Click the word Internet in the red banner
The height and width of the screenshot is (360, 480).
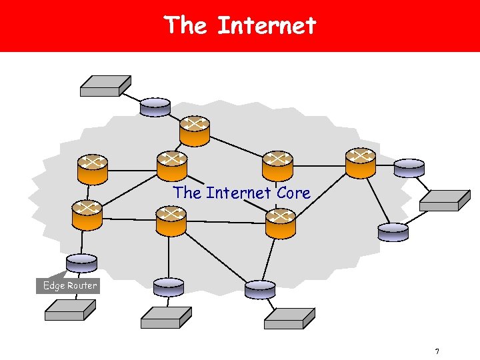(x=267, y=26)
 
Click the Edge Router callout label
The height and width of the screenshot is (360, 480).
(x=69, y=285)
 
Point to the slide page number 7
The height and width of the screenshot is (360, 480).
(x=437, y=351)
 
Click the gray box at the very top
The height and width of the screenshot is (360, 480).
(x=105, y=85)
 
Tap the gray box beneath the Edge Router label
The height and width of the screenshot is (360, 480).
(x=70, y=310)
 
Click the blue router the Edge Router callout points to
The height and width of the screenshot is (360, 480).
(x=82, y=264)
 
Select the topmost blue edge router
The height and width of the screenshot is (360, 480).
(x=155, y=107)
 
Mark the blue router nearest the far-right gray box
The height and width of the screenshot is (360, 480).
(x=409, y=167)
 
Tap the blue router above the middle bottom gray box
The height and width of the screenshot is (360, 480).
(x=168, y=287)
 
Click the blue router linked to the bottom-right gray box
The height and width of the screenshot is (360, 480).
(x=259, y=289)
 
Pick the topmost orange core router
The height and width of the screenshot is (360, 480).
(x=194, y=131)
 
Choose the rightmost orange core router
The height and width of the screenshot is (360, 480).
(x=361, y=163)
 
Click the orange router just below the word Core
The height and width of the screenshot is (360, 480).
(x=280, y=223)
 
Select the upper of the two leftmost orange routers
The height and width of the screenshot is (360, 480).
(x=92, y=169)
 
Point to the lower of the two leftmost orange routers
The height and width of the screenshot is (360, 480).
(x=87, y=215)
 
